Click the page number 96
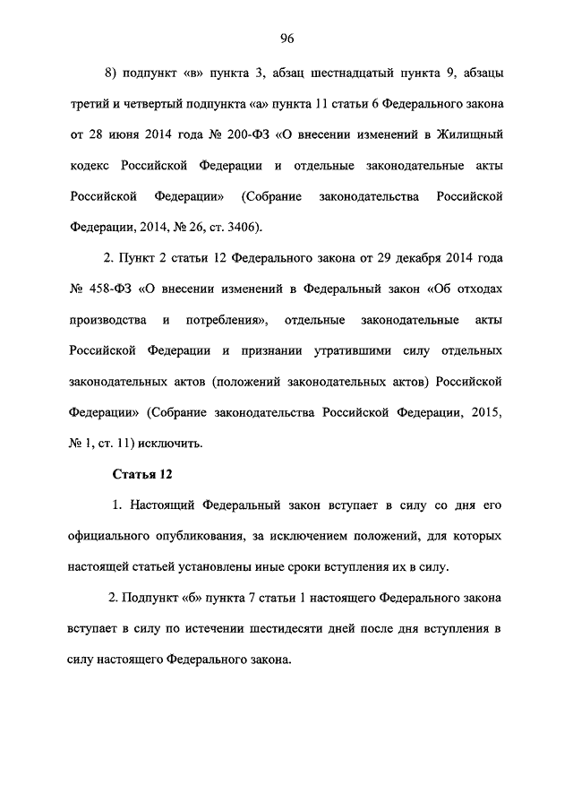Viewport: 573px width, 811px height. pyautogui.click(x=286, y=38)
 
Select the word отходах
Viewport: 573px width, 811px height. pyautogui.click(x=475, y=289)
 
